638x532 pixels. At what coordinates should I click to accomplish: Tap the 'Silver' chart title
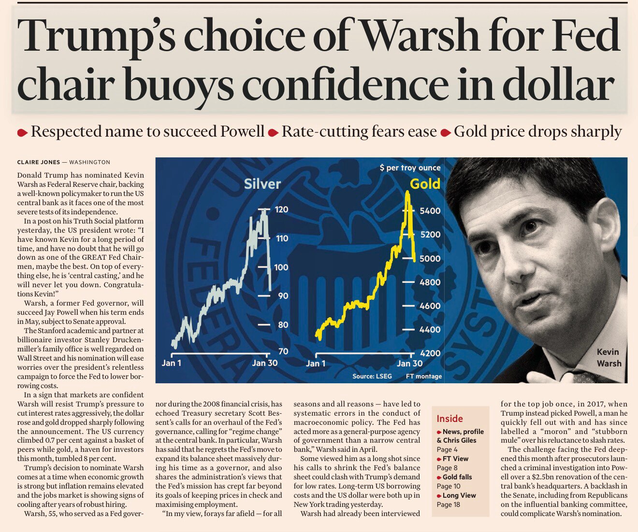(262, 184)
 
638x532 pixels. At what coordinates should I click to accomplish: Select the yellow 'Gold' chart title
(425, 184)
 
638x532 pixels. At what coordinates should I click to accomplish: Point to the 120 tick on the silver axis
(281, 210)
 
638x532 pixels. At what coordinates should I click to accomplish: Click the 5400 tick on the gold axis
(430, 210)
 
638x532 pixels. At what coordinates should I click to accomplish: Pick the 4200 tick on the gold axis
(430, 353)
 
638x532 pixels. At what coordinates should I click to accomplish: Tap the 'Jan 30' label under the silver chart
(265, 363)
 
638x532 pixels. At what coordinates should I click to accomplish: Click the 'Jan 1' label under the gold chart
(316, 364)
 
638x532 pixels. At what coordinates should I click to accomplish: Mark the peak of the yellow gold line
(408, 193)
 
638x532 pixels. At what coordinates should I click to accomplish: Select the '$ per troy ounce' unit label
(410, 168)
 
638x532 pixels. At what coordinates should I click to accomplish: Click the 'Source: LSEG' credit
(372, 376)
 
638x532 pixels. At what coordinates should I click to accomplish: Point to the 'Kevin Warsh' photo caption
(608, 357)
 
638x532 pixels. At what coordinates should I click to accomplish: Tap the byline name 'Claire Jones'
(39, 162)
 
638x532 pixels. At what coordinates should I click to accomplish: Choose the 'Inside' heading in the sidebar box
(449, 419)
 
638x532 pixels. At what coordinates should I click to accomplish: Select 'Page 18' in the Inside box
(448, 504)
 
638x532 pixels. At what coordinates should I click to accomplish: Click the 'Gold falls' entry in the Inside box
(457, 477)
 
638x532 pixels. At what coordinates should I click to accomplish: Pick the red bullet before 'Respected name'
(22, 133)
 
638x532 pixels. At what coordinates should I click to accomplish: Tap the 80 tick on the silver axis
(283, 325)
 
